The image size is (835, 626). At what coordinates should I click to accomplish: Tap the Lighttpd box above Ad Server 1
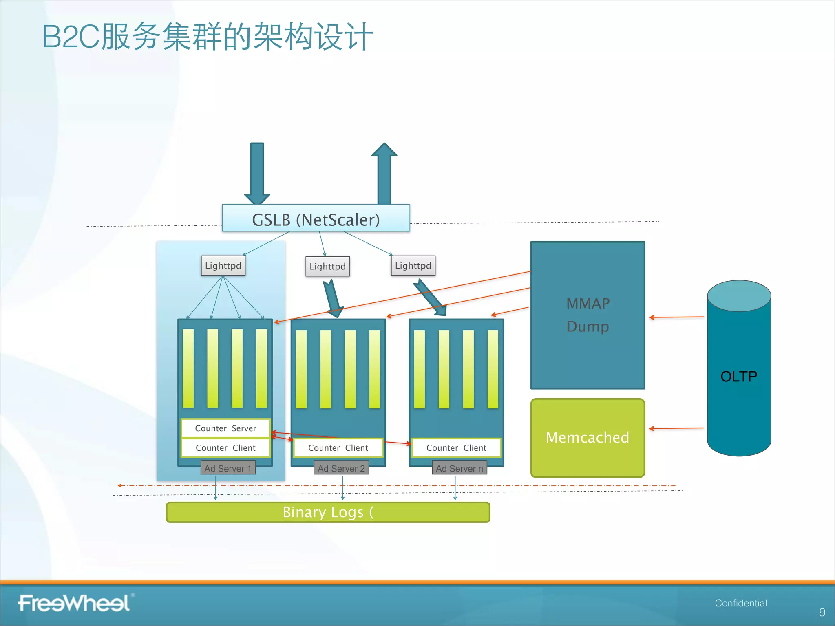[x=223, y=266]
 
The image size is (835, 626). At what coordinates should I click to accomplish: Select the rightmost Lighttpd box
[x=413, y=266]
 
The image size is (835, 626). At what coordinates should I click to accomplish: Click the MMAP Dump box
[x=588, y=315]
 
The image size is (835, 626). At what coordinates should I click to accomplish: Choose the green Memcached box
[x=588, y=438]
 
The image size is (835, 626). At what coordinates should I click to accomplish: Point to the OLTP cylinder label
[x=738, y=376]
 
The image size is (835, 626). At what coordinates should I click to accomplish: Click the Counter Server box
[x=225, y=428]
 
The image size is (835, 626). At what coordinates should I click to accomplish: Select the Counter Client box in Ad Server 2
[x=338, y=448]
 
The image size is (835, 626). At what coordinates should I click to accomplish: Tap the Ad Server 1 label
[x=228, y=468]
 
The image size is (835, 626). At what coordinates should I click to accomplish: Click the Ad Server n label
[x=459, y=468]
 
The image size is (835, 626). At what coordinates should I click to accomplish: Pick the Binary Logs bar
[x=328, y=512]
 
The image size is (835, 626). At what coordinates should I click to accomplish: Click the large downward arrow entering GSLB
[x=257, y=173]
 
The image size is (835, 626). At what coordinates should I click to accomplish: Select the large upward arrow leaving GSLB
[x=384, y=173]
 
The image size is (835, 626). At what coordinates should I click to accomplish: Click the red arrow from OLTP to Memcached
[x=676, y=428]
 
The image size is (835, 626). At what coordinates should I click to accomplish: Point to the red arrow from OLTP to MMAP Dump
[x=676, y=317]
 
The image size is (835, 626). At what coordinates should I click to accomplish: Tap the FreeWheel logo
[x=74, y=603]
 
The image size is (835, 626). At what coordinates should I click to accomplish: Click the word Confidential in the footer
[x=740, y=603]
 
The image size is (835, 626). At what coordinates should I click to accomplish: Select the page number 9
[x=822, y=612]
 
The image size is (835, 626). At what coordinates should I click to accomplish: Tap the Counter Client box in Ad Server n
[x=456, y=448]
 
